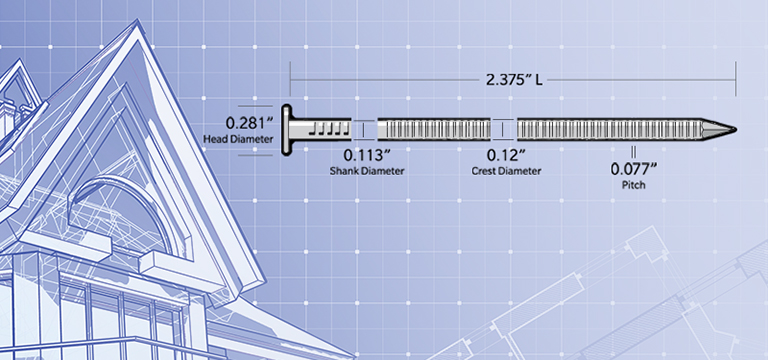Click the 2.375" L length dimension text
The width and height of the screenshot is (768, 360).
(514, 80)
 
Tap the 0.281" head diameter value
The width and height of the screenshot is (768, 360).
(249, 122)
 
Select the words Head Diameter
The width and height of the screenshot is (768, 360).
(238, 139)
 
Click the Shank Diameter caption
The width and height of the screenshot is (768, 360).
(367, 171)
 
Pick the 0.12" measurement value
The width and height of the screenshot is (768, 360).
(506, 156)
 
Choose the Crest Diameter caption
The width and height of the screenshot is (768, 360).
(506, 171)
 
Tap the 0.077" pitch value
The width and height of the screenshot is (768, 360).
(633, 169)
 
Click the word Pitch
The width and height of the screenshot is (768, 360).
(633, 185)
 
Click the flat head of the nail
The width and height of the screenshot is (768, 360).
(286, 131)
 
